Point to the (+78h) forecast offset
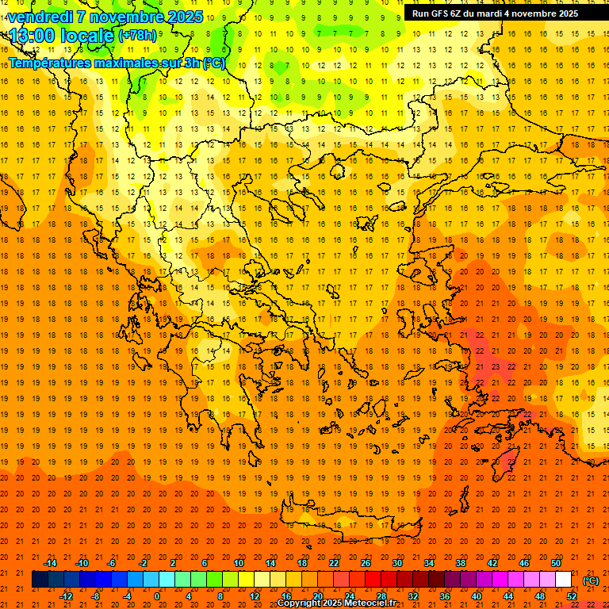[137, 35]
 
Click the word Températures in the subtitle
[50, 63]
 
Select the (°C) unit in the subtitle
[214, 63]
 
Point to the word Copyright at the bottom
[301, 603]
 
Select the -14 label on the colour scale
[50, 563]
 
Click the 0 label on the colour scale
[157, 596]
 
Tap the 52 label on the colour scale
[571, 596]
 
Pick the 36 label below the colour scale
[444, 596]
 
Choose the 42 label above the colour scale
[492, 563]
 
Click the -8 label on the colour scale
[95, 596]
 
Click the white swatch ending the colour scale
[564, 580]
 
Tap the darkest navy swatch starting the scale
[40, 580]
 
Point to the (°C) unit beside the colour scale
[591, 580]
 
